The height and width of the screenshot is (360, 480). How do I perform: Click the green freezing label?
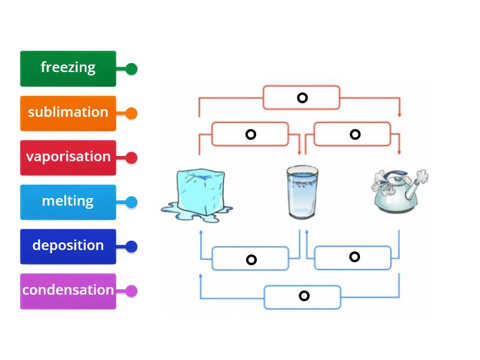pos(68,68)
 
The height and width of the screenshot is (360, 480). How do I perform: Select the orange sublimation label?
pos(68,113)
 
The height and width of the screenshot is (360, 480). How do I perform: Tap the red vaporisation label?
pos(68,157)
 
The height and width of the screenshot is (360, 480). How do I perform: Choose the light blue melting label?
pos(68,202)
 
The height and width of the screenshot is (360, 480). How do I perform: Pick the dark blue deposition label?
pos(68,246)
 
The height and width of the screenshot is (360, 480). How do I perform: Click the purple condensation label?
pos(68,290)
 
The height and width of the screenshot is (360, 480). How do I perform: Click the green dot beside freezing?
pos(131,69)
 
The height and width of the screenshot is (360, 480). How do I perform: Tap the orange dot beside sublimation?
pos(131,113)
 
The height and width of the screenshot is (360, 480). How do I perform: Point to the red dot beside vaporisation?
pos(131,158)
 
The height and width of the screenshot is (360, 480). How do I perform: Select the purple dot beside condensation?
pos(131,291)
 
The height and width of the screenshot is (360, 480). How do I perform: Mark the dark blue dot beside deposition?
pos(131,247)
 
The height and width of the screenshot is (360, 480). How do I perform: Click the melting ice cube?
pos(197,192)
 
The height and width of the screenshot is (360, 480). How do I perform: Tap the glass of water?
pos(302,192)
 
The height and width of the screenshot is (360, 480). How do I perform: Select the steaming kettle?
pos(398,191)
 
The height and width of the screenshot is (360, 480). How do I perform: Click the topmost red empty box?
pos(302,97)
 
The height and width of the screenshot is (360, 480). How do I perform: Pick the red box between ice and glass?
pos(250,134)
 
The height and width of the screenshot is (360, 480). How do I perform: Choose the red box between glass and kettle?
pos(355,134)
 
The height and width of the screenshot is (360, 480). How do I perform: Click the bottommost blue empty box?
pos(303,296)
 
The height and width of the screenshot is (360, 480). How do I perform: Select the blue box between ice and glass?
pos(251,259)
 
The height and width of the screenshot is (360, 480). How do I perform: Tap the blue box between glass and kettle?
pos(354,257)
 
